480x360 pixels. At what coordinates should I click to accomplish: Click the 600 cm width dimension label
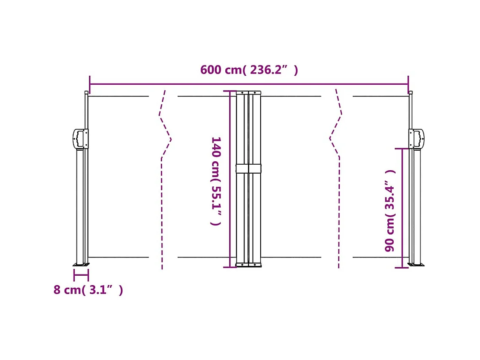coord(249,70)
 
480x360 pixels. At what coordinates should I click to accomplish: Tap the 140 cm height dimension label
coord(216,181)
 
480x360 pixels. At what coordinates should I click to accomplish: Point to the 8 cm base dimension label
coord(88,290)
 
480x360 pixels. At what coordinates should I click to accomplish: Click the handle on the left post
coord(80,139)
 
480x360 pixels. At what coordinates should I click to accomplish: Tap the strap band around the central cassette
coord(249,168)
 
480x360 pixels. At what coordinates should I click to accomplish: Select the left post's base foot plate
coord(81,265)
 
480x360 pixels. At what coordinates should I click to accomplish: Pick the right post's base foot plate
coord(416,265)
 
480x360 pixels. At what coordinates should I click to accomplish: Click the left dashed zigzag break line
coord(165,140)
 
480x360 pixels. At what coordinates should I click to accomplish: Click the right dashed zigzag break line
coord(335,140)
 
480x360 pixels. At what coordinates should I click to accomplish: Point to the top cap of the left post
coord(86,92)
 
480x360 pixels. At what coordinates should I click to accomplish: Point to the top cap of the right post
coord(410,92)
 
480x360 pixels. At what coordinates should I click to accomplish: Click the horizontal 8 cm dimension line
coord(81,275)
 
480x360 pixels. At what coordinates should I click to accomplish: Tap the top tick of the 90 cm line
coord(402,149)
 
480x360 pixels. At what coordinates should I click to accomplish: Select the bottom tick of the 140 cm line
coord(230,267)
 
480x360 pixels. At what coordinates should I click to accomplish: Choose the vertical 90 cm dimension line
coord(402,209)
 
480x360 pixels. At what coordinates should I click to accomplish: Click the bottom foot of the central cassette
coord(249,265)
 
